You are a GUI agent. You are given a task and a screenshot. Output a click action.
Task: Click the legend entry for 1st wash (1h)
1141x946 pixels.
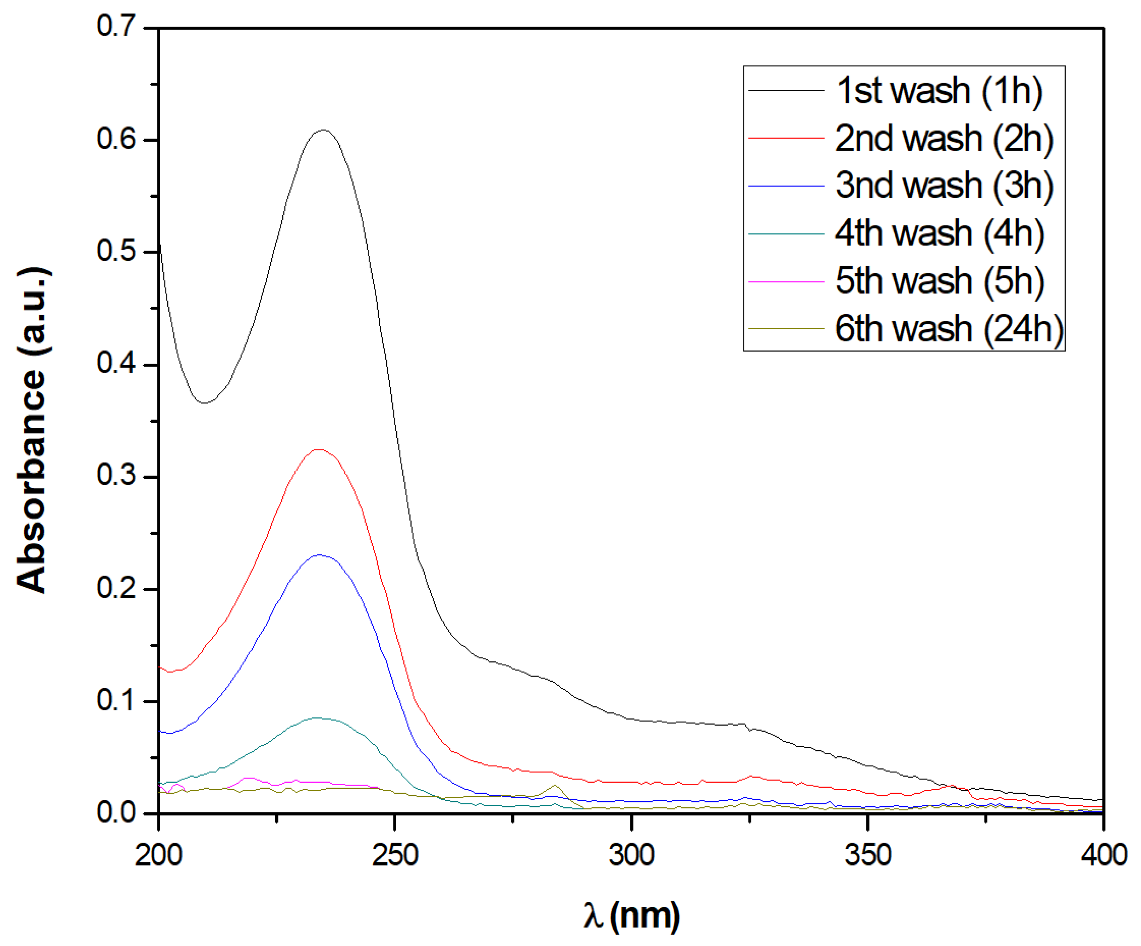pyautogui.click(x=939, y=90)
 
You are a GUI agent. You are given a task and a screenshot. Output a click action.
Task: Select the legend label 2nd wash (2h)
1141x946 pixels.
pyautogui.click(x=944, y=138)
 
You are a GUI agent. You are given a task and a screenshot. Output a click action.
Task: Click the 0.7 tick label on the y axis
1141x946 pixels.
pyautogui.click(x=116, y=26)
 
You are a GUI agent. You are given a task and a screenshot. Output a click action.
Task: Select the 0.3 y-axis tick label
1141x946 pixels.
pyautogui.click(x=116, y=475)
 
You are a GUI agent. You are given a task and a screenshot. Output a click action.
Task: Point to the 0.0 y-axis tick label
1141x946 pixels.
pyautogui.click(x=116, y=812)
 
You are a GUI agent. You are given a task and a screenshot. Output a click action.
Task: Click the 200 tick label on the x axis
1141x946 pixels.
pyautogui.click(x=158, y=855)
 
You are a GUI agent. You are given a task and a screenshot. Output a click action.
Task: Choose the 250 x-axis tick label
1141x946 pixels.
pyautogui.click(x=395, y=855)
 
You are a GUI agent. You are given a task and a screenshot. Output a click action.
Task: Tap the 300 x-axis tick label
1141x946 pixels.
pyautogui.click(x=631, y=855)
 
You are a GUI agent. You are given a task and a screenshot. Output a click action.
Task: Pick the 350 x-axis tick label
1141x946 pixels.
pyautogui.click(x=868, y=855)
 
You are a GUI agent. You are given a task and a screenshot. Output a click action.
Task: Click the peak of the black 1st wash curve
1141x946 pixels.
pyautogui.click(x=324, y=130)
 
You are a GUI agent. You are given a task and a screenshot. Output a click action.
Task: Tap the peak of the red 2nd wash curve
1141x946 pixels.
pyautogui.click(x=319, y=450)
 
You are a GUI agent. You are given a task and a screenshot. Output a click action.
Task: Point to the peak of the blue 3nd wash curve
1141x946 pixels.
pyautogui.click(x=319, y=555)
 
